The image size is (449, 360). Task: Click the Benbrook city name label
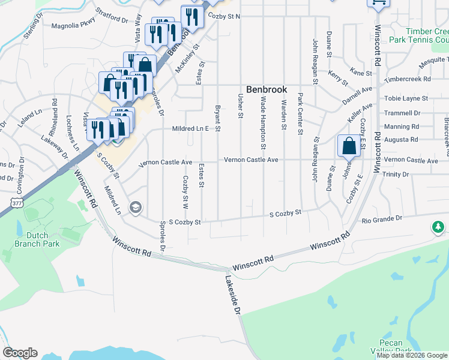267,89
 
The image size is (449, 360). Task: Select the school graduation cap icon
136,208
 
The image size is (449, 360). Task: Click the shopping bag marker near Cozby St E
349,146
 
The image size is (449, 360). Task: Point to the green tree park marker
439,227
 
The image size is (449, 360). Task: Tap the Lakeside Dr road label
233,295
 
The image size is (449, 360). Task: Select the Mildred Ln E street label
190,128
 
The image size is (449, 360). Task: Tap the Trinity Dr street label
395,174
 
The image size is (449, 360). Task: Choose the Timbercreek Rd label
408,79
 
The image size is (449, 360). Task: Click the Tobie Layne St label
406,98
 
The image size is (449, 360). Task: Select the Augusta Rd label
402,139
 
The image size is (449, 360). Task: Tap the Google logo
20,353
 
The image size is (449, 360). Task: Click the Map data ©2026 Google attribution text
412,355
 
